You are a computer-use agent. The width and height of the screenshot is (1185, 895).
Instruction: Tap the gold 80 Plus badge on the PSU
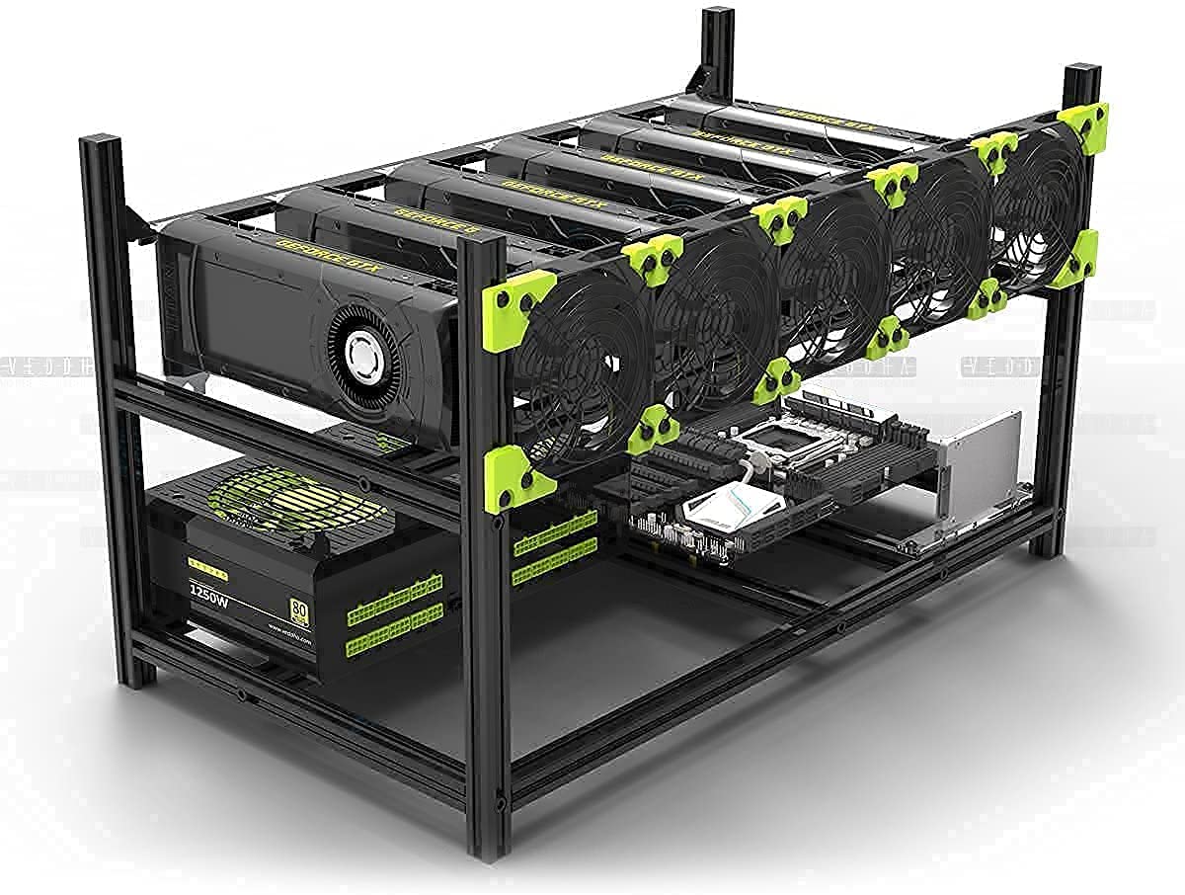tap(296, 608)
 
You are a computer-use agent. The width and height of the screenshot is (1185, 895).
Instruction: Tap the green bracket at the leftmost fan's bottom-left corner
tap(515, 478)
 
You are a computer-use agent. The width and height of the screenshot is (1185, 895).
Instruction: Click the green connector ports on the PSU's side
tap(393, 611)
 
